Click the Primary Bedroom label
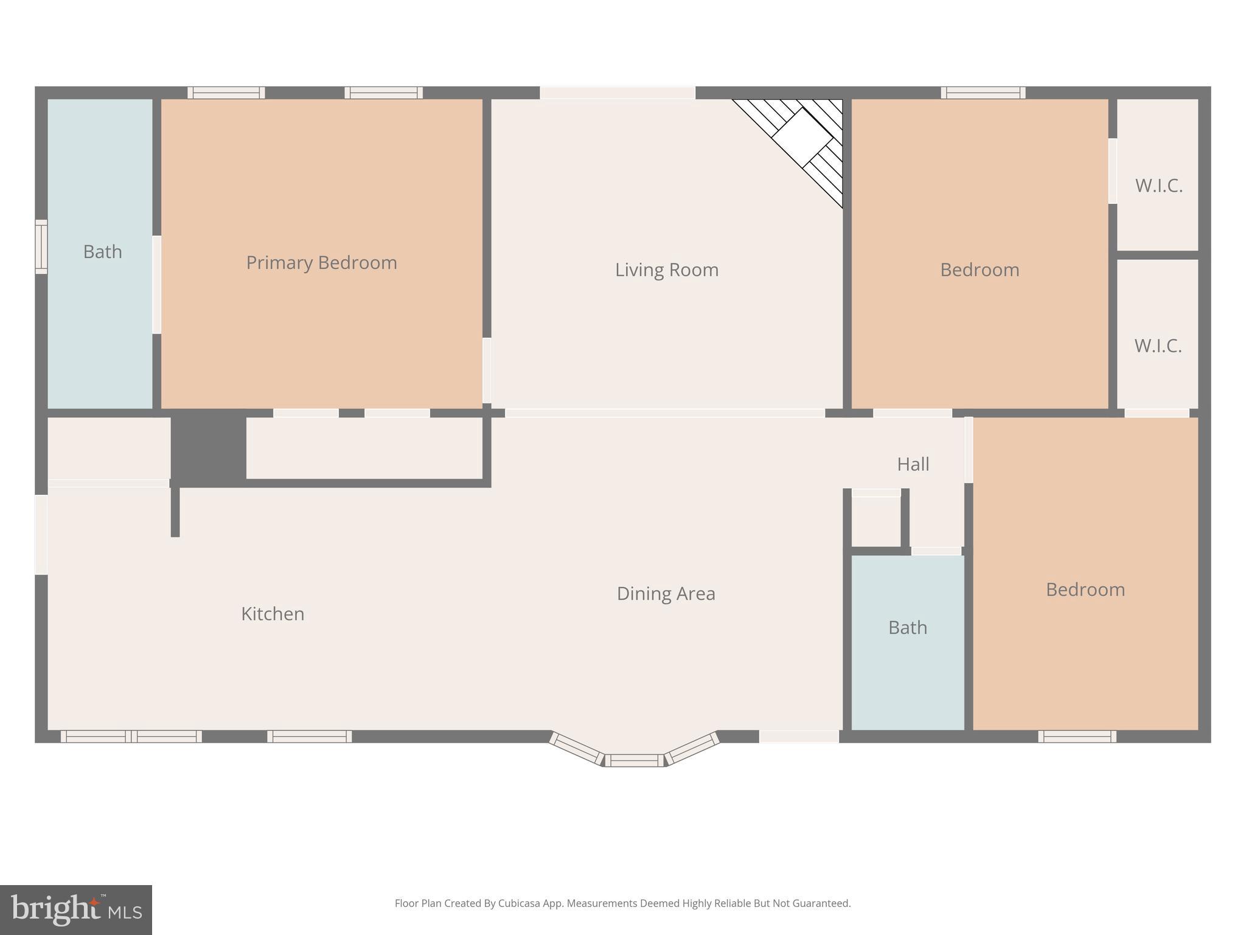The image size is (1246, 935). point(321,262)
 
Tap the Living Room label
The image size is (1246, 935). point(666,270)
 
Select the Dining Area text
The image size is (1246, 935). point(666,594)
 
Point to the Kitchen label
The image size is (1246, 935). point(273,614)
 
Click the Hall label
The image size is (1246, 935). point(913,464)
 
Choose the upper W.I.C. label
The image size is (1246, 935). point(1158,186)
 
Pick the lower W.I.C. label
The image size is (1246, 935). point(1157,346)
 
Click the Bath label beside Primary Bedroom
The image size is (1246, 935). point(102,251)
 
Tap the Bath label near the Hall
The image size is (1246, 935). point(907,628)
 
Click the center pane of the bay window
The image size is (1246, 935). point(634,760)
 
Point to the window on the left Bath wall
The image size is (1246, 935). point(41,247)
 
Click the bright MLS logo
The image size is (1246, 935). point(75,909)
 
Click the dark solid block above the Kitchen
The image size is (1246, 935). point(208,449)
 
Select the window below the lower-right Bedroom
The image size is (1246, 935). point(1077,737)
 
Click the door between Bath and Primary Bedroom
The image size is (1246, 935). point(156,284)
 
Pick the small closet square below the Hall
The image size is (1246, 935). point(875,521)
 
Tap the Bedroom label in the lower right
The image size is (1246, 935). point(1085,589)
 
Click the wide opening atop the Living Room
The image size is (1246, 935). point(617,93)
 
